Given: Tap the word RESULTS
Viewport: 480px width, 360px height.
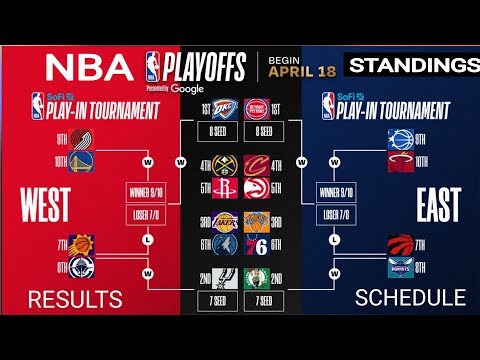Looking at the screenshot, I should coord(75,298).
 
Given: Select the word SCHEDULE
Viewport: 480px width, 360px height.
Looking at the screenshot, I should coord(411,297).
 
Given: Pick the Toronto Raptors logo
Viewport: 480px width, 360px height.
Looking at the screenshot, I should coord(399,245).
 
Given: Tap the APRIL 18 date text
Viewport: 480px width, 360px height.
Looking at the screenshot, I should coord(299,71).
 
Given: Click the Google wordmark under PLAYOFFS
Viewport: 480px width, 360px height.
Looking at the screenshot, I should coord(187,88).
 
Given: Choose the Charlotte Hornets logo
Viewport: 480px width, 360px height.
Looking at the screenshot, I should coord(399,268).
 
